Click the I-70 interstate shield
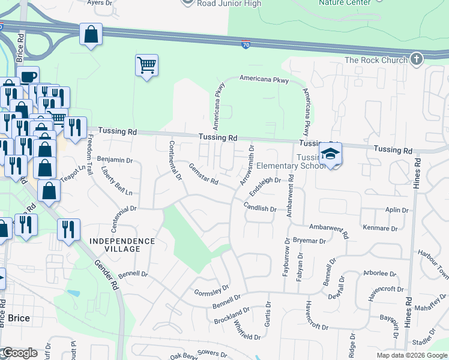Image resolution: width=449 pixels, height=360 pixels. click(246, 45)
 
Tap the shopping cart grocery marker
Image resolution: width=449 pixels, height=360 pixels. click(146, 65)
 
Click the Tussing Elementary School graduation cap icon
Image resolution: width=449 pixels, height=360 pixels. click(330, 154)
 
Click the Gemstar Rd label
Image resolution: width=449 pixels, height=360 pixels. click(203, 174)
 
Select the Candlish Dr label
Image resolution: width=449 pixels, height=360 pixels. click(259, 208)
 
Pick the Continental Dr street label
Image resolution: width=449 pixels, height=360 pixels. click(175, 160)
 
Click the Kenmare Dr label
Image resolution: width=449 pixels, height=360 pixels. click(381, 229)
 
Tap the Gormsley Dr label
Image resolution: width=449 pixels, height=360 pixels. click(212, 291)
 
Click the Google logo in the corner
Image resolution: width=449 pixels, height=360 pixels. click(20, 353)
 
